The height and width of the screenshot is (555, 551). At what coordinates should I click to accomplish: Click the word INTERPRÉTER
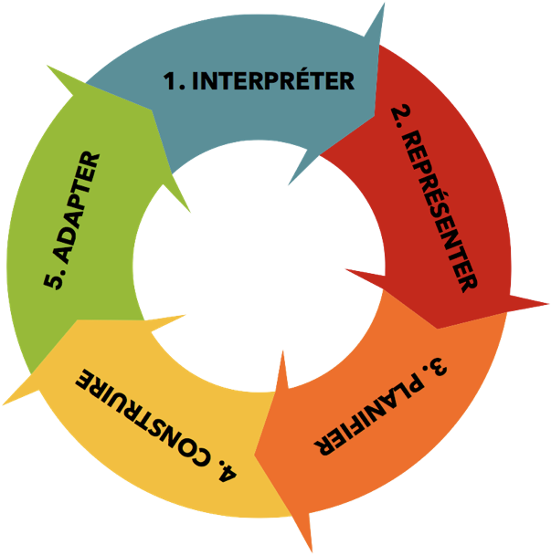click(273, 80)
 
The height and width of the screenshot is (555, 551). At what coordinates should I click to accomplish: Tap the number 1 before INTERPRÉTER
click(170, 81)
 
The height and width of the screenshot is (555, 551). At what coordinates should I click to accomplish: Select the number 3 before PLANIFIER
click(438, 368)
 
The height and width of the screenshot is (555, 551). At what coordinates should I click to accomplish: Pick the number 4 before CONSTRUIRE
click(228, 472)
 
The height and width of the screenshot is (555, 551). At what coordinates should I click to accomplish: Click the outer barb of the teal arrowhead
click(384, 4)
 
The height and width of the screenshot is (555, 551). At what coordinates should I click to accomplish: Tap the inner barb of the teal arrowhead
click(289, 184)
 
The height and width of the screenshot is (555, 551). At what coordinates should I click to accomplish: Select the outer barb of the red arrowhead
click(548, 303)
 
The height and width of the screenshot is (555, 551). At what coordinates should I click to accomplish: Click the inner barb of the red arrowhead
click(346, 269)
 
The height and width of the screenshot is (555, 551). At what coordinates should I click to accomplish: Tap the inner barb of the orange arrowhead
click(282, 351)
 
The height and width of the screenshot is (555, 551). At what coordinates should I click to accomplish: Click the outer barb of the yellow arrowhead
click(4, 404)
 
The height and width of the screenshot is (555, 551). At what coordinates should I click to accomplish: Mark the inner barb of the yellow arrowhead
click(185, 315)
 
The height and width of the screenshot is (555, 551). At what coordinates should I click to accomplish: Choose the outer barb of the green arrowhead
click(48, 66)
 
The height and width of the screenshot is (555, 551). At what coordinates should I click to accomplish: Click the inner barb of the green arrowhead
click(190, 212)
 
